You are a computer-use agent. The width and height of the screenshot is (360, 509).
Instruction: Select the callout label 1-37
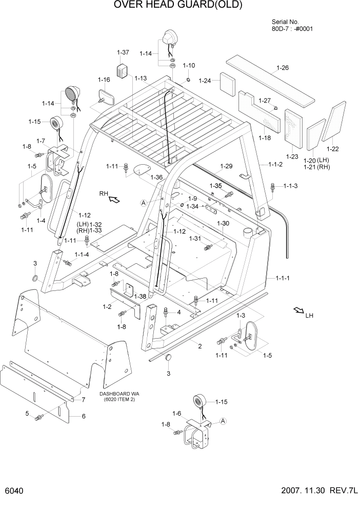[x=123, y=52]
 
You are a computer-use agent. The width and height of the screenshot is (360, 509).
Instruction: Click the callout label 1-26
[x=283, y=68]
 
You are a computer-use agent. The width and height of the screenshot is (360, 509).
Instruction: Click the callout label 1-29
[x=226, y=166]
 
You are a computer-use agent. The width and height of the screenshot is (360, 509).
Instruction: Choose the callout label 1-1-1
[x=283, y=278]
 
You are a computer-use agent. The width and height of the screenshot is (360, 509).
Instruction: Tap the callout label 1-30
[x=223, y=223]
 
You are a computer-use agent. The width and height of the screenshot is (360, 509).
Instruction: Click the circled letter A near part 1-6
[x=223, y=421]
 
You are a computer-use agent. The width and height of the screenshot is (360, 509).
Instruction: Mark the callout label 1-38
[x=139, y=297]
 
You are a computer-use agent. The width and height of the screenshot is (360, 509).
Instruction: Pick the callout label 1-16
[x=104, y=80]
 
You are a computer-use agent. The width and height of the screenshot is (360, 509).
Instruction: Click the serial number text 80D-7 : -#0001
[x=292, y=29]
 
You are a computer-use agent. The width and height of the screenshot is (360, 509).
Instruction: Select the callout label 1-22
[x=332, y=149]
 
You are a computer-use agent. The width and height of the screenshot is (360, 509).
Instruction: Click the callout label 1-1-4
[x=82, y=254]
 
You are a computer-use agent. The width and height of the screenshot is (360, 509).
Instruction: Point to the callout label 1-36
[x=156, y=177]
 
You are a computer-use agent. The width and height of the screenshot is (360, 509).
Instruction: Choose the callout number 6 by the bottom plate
[x=83, y=416]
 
